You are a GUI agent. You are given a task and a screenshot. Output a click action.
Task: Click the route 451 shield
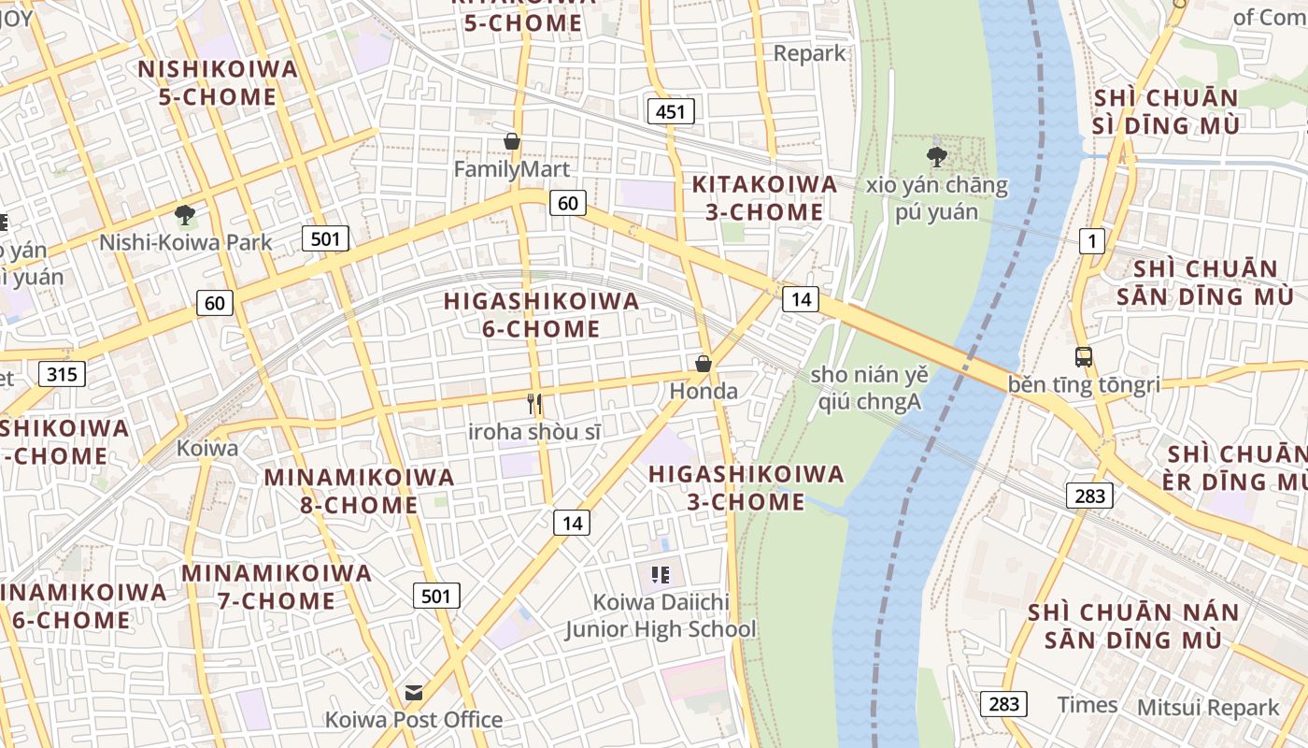(671, 112)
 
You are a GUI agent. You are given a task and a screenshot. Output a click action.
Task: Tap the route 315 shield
(62, 374)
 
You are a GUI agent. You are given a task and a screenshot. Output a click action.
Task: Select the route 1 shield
(1091, 241)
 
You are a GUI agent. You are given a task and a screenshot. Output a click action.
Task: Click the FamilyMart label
(511, 169)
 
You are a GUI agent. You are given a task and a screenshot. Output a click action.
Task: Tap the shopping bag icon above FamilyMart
(512, 142)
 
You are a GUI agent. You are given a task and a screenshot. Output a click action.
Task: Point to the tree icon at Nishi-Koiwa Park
(185, 215)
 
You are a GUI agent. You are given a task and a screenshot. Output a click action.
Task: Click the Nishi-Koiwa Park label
(186, 243)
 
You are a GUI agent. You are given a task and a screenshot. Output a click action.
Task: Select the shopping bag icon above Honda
(704, 364)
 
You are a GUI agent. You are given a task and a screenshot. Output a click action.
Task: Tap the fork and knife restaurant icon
(534, 404)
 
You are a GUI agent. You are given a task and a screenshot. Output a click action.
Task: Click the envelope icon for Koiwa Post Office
(413, 693)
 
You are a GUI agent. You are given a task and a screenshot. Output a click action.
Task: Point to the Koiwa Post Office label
(413, 720)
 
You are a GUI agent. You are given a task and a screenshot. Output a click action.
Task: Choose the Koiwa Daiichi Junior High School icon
(661, 575)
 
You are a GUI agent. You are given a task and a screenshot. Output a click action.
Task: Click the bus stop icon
(1084, 356)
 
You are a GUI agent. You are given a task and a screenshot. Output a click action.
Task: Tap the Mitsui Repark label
(1208, 708)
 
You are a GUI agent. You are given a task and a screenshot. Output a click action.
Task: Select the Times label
(1087, 704)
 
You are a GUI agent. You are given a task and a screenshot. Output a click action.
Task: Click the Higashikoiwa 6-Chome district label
(542, 315)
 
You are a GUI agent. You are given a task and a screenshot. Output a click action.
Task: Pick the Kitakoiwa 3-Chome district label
(764, 198)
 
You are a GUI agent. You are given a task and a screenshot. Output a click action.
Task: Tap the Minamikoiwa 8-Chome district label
(359, 491)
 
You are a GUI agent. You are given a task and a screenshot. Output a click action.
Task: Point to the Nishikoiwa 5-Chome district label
(218, 82)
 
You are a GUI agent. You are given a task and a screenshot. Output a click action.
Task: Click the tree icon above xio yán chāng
(937, 156)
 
